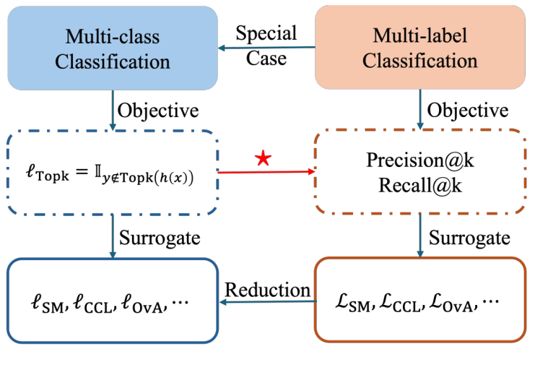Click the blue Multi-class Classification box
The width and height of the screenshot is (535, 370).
tap(113, 48)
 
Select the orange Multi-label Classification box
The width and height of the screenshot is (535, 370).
tap(419, 48)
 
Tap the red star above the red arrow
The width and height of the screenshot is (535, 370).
tap(264, 160)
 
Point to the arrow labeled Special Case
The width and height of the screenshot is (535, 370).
tap(267, 48)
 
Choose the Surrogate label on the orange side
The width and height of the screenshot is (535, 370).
tap(469, 238)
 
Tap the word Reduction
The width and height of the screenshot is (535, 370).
tap(268, 289)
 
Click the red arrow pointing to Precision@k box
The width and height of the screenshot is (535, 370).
tap(267, 173)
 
